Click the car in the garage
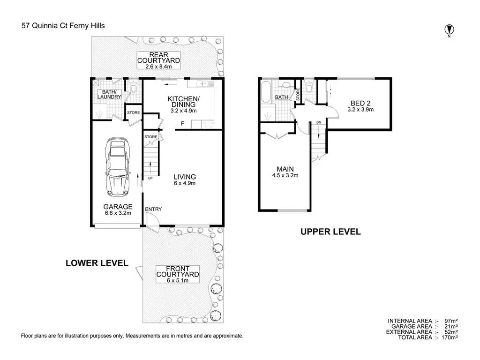(x=118, y=167)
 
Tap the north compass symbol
(x=449, y=30)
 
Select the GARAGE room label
(x=118, y=207)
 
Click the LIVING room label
(x=185, y=177)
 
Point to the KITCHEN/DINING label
(x=184, y=102)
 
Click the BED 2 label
(x=360, y=103)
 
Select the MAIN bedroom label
(x=285, y=169)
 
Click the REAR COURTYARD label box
(x=158, y=60)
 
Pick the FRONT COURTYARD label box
(x=178, y=274)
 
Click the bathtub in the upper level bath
(x=265, y=92)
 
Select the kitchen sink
(x=202, y=83)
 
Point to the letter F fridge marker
(x=182, y=124)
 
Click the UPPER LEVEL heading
(x=330, y=232)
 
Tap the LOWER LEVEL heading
(x=97, y=263)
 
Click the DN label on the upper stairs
(x=319, y=122)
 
